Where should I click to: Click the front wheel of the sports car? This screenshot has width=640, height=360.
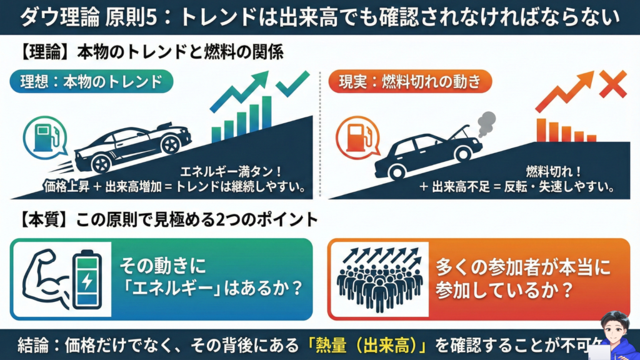(169, 144)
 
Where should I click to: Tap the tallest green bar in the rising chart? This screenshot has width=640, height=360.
(267, 113)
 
